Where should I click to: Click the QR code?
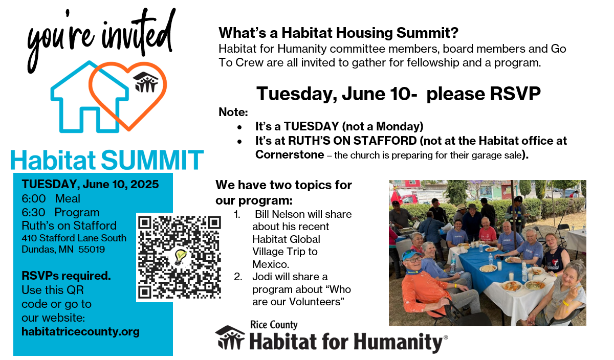coord(179,257)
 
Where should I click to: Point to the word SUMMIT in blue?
coord(152,160)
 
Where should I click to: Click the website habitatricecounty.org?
coord(81,332)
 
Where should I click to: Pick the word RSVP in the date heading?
coord(515,94)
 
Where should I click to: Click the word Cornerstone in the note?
coord(290,155)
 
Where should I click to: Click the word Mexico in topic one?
coord(271,264)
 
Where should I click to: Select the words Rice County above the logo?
coord(274,325)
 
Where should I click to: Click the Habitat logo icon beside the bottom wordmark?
coord(230,337)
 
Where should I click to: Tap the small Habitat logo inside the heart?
coord(145,82)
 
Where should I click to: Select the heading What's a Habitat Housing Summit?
coord(339,33)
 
